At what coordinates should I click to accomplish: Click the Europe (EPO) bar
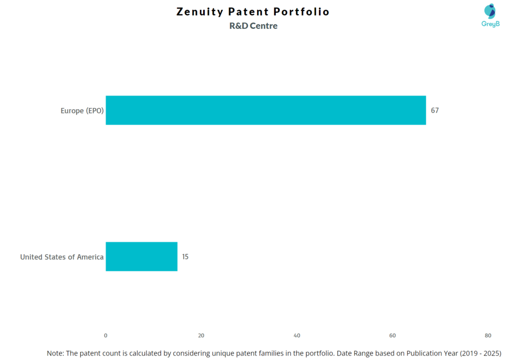265,110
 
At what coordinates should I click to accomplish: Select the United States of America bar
141,257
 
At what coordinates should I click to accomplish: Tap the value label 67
435,110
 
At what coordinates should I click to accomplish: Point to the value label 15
185,257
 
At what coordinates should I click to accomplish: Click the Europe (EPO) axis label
82,111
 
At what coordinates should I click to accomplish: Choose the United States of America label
62,257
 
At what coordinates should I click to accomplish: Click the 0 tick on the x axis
105,336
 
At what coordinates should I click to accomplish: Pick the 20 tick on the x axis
201,336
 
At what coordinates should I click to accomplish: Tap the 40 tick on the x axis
297,336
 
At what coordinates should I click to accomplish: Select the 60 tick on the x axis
393,336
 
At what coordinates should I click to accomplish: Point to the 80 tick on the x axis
488,336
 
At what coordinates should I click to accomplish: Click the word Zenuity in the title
200,12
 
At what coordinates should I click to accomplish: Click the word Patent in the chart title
249,12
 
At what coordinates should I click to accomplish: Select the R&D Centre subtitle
253,26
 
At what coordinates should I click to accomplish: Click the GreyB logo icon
490,11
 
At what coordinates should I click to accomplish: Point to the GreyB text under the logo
490,24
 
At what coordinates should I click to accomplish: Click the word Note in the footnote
54,353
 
